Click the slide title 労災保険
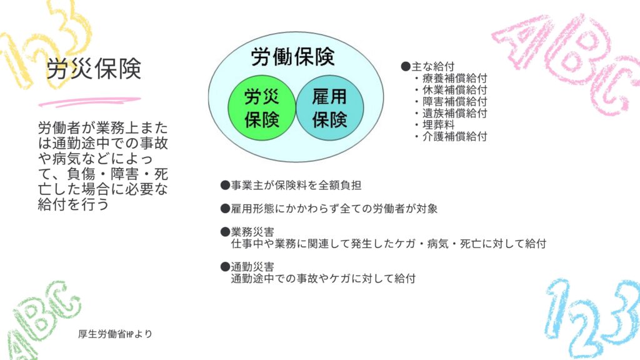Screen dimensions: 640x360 (x=94, y=69)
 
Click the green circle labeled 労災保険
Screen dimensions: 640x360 (x=262, y=108)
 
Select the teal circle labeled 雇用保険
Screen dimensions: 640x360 (x=330, y=108)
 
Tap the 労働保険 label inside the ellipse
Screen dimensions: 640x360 (x=292, y=57)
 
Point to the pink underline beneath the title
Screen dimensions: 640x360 (x=90, y=102)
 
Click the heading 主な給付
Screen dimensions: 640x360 (x=427, y=66)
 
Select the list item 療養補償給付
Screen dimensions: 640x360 (x=451, y=78)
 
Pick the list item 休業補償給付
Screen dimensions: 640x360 (x=451, y=90)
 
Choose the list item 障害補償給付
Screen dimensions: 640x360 (x=451, y=101)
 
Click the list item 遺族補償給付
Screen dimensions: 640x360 (x=451, y=113)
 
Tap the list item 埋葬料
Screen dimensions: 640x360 (x=435, y=124)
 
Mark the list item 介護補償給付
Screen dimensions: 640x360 (x=451, y=136)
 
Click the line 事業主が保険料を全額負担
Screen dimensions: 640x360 (x=291, y=185)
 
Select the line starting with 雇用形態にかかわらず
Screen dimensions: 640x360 (x=329, y=209)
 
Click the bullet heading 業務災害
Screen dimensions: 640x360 (x=247, y=232)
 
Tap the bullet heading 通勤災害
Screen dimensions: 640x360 (x=247, y=267)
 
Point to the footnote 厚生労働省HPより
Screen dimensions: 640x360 (x=115, y=334)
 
